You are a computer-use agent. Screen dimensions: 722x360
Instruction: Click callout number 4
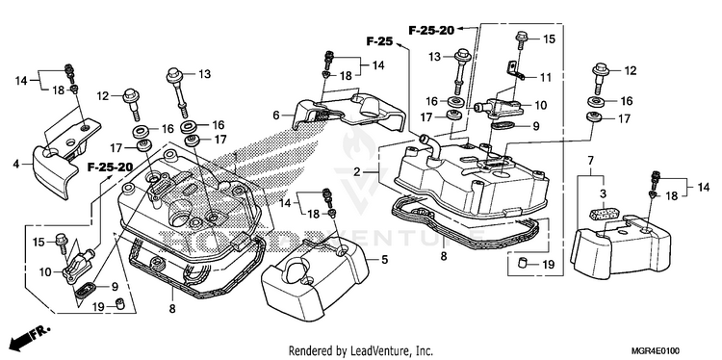tap(16, 164)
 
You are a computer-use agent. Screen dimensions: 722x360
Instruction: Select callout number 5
tap(384, 260)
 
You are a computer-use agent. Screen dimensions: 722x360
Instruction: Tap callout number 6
tap(276, 115)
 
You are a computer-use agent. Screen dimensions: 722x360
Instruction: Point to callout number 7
tap(590, 160)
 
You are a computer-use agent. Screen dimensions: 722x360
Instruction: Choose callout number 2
tap(357, 172)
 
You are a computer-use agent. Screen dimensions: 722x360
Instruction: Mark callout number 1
tap(235, 157)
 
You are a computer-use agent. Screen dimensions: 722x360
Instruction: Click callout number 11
tap(545, 77)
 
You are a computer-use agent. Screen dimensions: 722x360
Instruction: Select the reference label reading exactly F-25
tap(379, 41)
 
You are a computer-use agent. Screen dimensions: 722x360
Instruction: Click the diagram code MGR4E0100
tap(657, 350)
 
